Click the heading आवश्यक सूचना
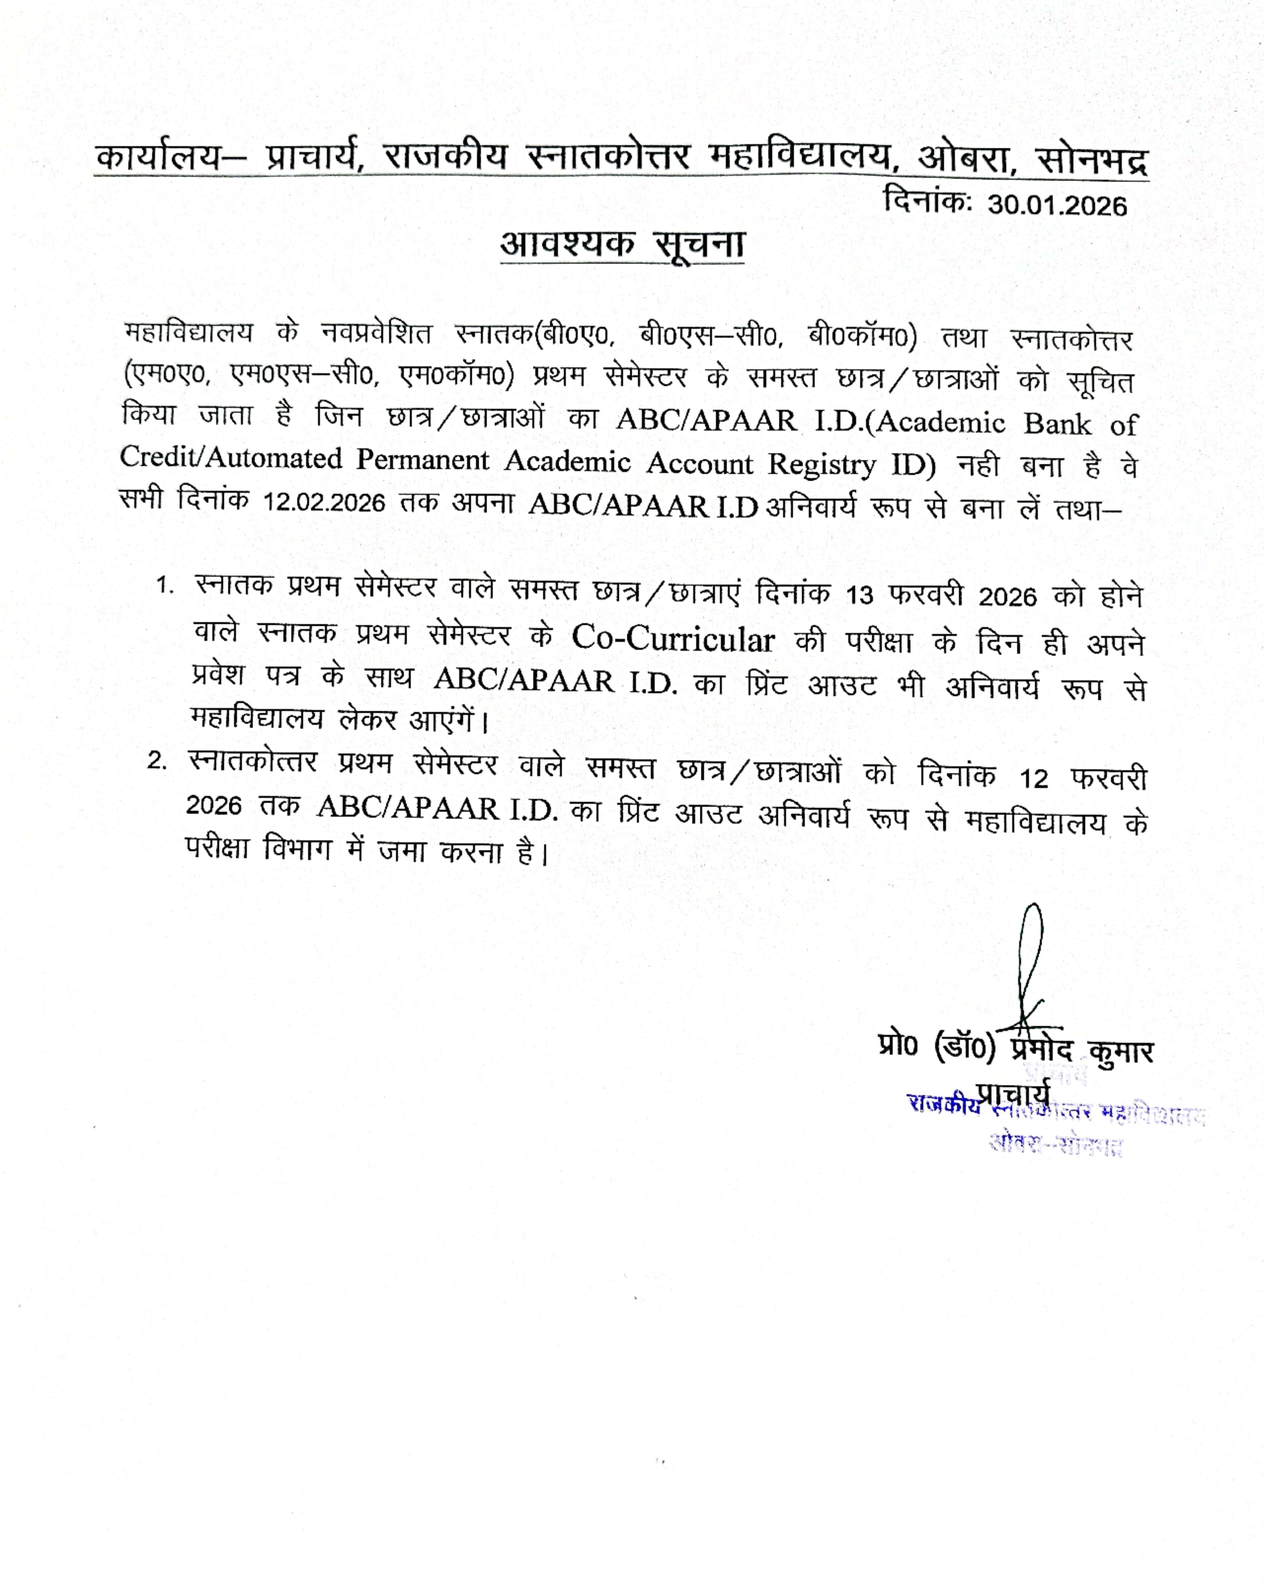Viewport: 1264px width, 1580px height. coord(622,244)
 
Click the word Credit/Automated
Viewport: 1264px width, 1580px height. coord(230,457)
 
